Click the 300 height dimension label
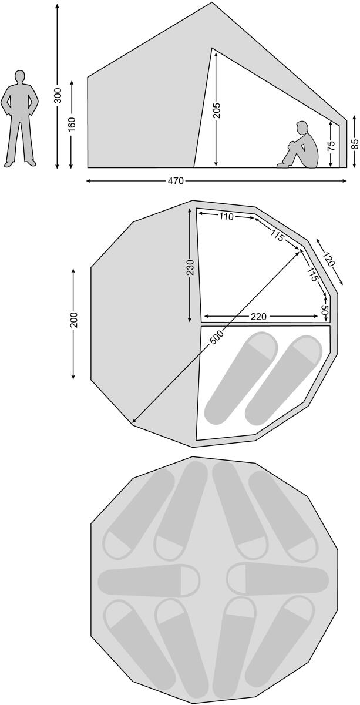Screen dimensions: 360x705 [58, 95]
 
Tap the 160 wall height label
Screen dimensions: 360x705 [72, 125]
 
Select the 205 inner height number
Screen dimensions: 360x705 [216, 110]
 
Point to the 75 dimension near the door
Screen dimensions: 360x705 [331, 145]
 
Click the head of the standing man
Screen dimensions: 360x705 [20, 76]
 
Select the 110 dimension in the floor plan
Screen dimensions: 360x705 [226, 217]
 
